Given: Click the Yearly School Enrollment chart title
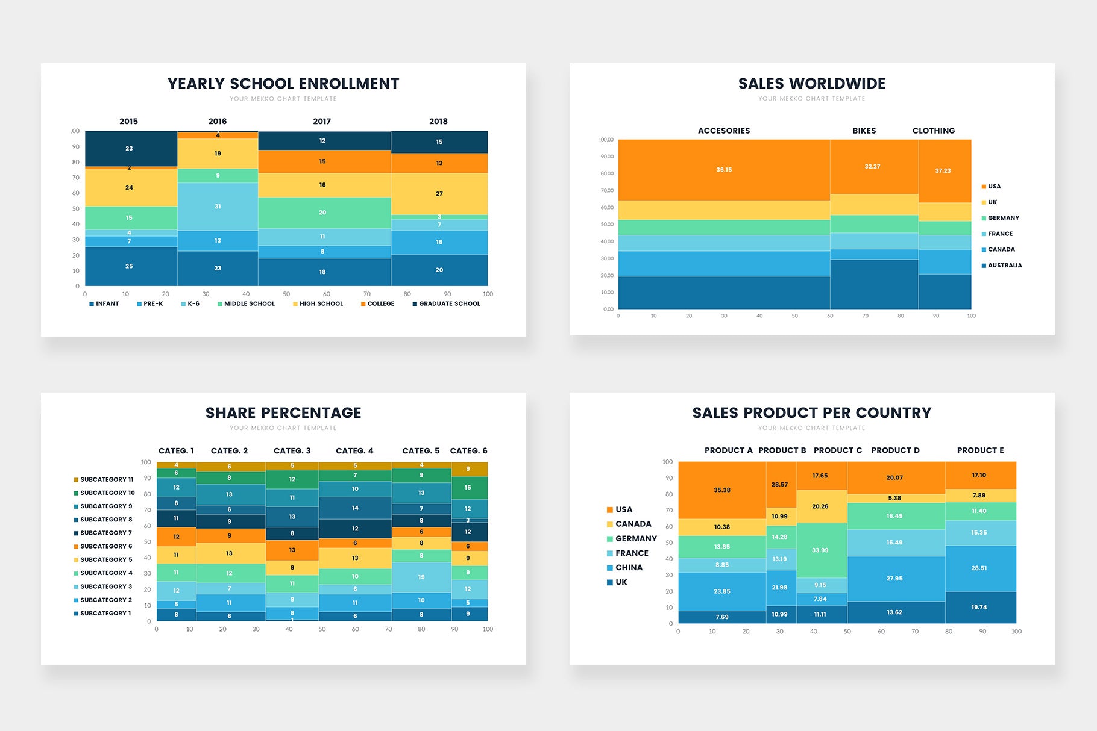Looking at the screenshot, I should [283, 84].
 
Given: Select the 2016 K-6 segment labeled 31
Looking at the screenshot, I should [218, 207].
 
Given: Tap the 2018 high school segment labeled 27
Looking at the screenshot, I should [439, 194].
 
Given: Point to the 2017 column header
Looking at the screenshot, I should [322, 122].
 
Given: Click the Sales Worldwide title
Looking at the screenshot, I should [812, 84].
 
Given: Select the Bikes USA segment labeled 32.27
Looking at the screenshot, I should [872, 167].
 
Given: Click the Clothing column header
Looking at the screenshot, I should [933, 131].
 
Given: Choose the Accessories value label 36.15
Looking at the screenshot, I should [724, 170].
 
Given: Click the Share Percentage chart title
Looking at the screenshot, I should [283, 413].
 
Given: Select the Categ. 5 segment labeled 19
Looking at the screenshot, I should [421, 577].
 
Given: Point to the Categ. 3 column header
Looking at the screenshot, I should [292, 451].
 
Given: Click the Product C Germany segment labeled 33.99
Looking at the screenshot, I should [820, 550].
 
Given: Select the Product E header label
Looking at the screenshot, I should [980, 450].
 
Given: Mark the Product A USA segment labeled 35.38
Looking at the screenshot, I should [722, 490].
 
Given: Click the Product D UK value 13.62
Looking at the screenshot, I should [894, 612].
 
